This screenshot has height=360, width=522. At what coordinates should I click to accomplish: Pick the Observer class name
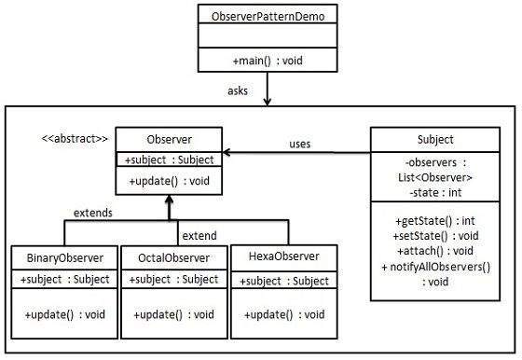click(x=169, y=139)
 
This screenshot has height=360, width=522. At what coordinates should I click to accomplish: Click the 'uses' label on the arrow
click(x=298, y=145)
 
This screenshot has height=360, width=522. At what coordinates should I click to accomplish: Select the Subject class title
click(x=435, y=140)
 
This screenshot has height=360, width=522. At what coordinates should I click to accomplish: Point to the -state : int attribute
click(x=435, y=192)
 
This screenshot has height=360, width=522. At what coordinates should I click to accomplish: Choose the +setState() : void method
click(x=435, y=235)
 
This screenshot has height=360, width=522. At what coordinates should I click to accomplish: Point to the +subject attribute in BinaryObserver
click(x=64, y=279)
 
